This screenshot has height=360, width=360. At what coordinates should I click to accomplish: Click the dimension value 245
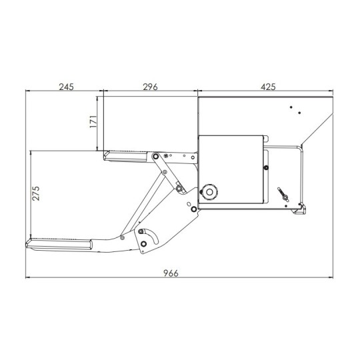(x=65, y=87)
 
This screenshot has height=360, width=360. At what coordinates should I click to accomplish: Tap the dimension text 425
(x=267, y=87)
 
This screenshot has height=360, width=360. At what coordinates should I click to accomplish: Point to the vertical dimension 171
(x=93, y=122)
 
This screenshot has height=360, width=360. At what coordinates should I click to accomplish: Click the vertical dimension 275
(x=37, y=193)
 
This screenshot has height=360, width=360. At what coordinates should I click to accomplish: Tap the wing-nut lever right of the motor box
(x=283, y=195)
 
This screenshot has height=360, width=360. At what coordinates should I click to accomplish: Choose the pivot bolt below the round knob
(x=193, y=209)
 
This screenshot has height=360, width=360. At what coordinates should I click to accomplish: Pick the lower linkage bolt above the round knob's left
(x=180, y=189)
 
